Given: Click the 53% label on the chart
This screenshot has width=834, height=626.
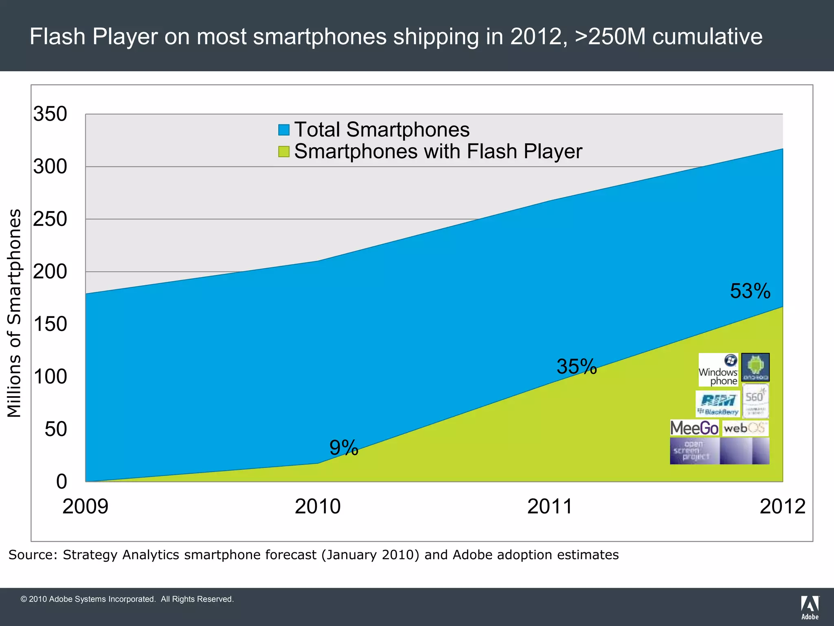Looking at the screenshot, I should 750,291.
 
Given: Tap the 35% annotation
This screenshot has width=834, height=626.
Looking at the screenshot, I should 577,366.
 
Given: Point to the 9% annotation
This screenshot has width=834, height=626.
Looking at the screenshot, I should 344,447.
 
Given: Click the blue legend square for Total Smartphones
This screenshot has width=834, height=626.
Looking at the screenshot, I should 284,130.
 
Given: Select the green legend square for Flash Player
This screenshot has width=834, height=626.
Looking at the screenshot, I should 284,152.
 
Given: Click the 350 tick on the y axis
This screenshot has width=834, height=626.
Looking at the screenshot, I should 50,114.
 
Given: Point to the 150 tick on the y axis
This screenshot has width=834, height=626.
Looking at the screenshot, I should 50,324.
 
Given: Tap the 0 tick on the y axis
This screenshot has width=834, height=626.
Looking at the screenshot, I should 61,481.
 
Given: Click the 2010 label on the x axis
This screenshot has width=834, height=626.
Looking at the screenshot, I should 318,507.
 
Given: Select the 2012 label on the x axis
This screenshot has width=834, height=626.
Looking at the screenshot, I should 782,507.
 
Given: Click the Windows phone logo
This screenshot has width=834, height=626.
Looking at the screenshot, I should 718,370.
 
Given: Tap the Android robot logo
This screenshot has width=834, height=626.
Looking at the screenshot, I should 755,367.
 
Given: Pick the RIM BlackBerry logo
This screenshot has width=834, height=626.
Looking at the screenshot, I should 718,404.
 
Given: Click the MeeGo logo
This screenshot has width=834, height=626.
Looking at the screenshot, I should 694,428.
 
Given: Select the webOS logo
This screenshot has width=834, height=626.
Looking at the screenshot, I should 745,428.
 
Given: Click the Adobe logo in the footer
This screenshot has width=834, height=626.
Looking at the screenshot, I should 810,607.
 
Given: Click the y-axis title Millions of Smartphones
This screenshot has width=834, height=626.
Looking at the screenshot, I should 15,313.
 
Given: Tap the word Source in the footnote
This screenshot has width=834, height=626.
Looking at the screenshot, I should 33,555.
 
